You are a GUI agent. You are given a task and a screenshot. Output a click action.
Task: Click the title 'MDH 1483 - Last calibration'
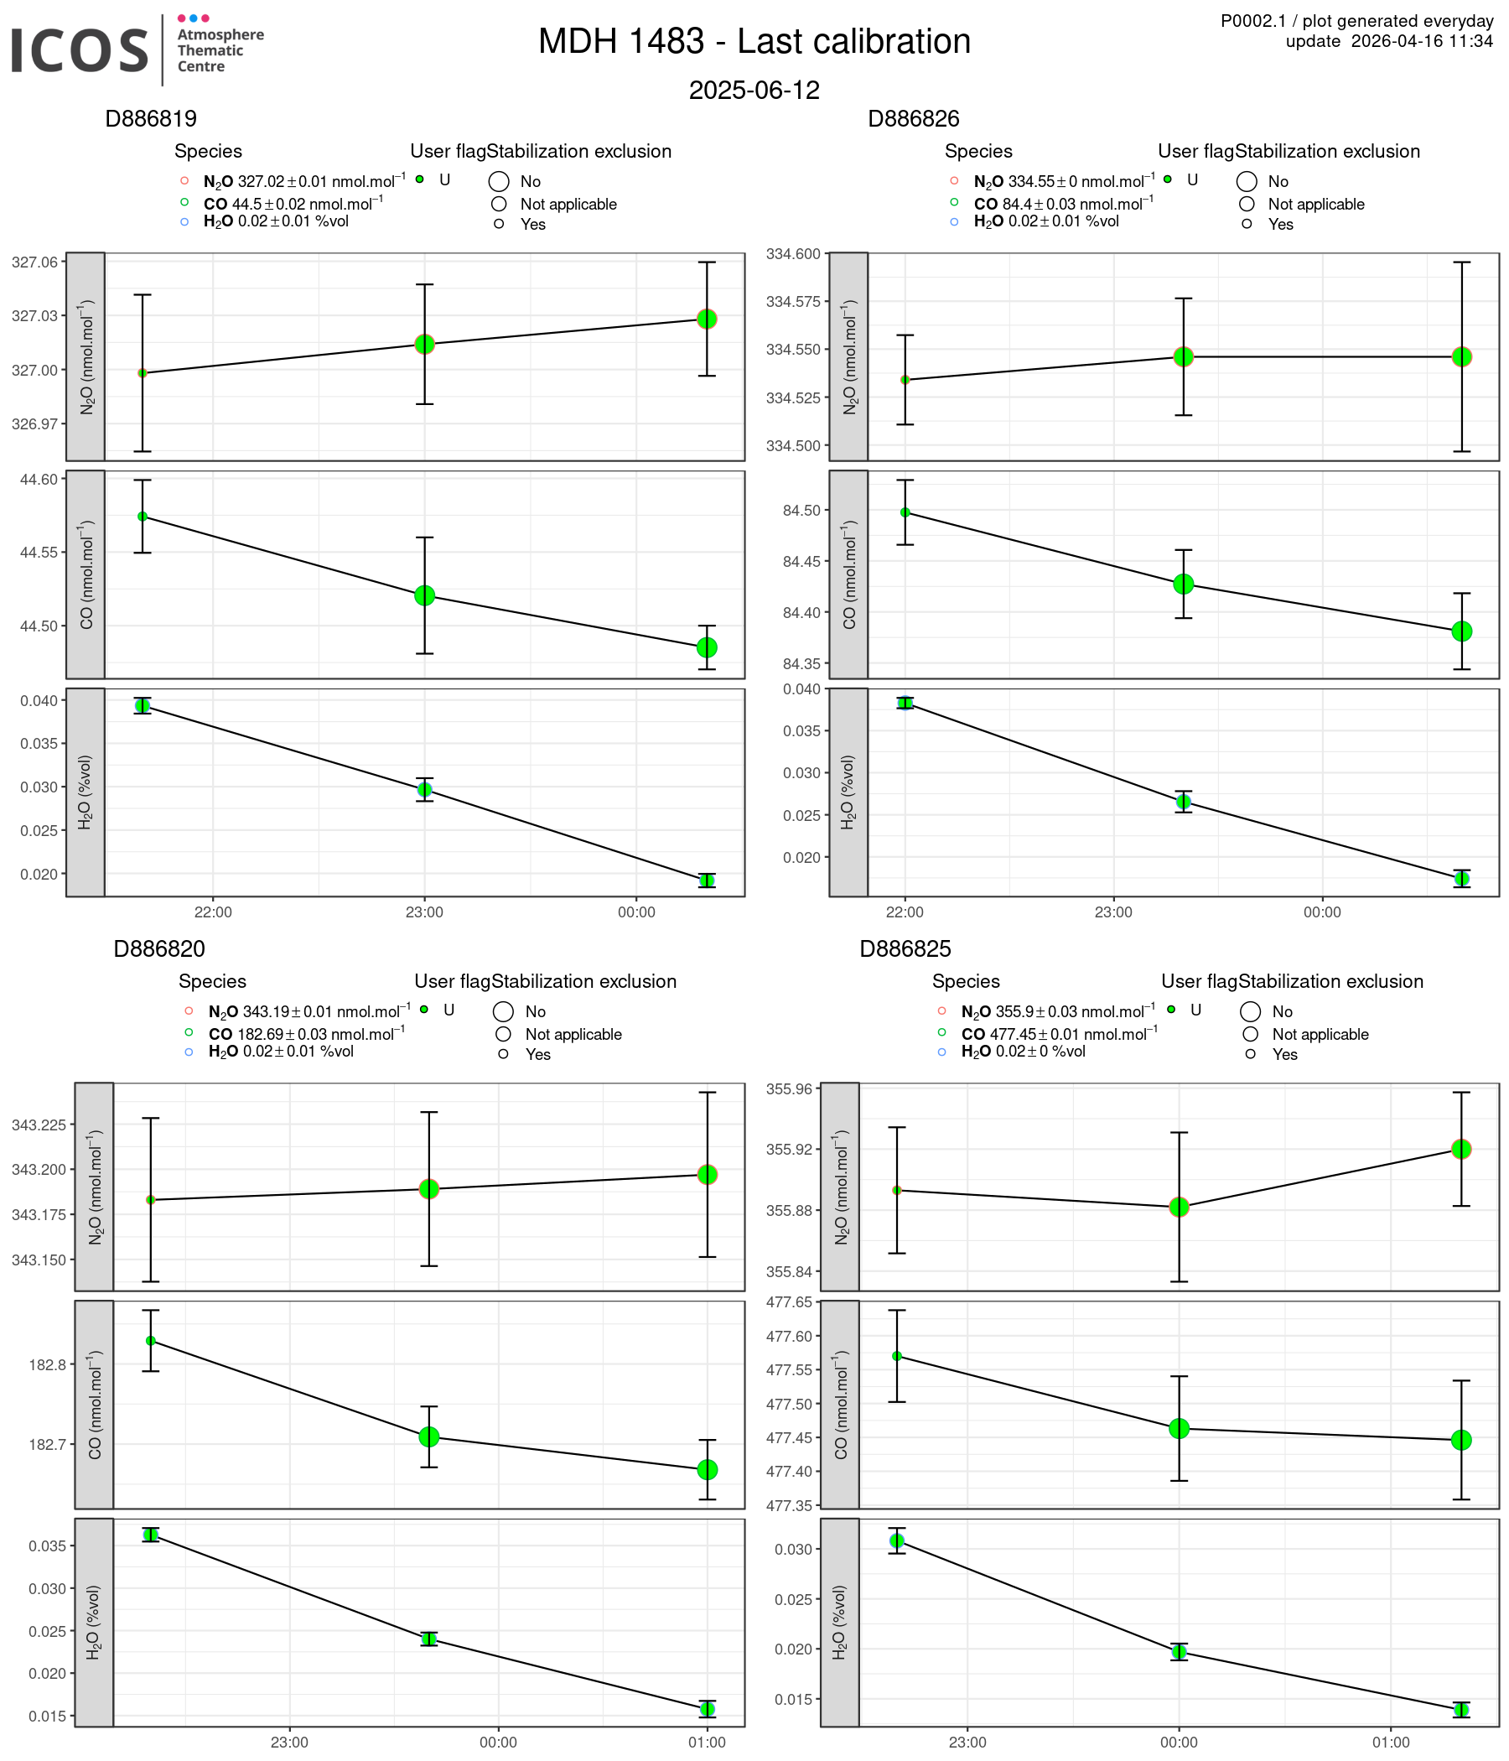pyautogui.click(x=754, y=42)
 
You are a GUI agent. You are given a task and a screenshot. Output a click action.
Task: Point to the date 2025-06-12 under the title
pyautogui.click(x=754, y=90)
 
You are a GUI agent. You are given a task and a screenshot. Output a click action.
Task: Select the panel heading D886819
pyautogui.click(x=150, y=119)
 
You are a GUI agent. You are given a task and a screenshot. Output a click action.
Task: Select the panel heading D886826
pyautogui.click(x=913, y=119)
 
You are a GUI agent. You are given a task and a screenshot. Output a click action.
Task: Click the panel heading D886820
pyautogui.click(x=159, y=948)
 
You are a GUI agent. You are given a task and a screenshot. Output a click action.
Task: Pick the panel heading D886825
pyautogui.click(x=904, y=948)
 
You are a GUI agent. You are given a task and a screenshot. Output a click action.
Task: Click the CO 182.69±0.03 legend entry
pyautogui.click(x=306, y=1033)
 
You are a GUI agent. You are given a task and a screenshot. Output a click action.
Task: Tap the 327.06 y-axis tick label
pyautogui.click(x=35, y=262)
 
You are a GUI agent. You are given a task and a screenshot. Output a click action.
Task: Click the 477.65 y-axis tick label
pyautogui.click(x=790, y=1302)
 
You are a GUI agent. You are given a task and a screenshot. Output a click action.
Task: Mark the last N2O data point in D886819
pyautogui.click(x=706, y=319)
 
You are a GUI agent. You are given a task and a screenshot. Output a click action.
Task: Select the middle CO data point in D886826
pyautogui.click(x=1183, y=584)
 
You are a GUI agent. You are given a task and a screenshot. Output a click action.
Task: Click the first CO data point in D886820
pyautogui.click(x=150, y=1340)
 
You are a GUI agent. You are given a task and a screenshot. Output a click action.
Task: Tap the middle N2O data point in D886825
pyautogui.click(x=1179, y=1207)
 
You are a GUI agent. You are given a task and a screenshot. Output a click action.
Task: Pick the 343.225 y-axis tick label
pyautogui.click(x=39, y=1125)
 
